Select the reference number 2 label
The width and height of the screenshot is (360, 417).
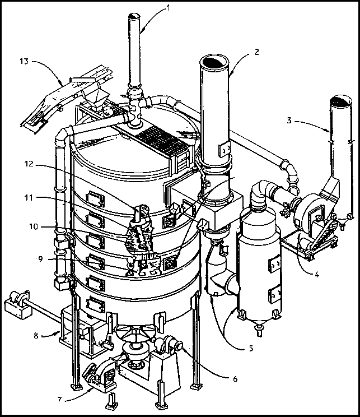point(256,52)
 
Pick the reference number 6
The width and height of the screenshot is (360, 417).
point(235,378)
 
